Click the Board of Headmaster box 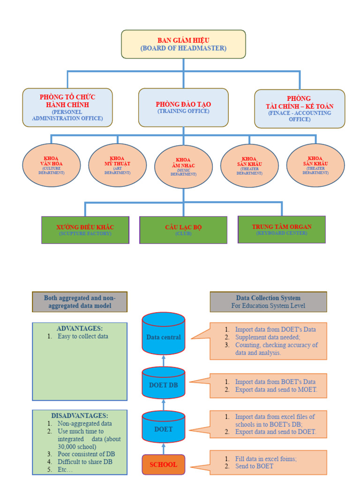click(x=183, y=44)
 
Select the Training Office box click(x=183, y=107)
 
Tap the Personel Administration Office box click(x=67, y=107)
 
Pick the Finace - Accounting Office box click(x=300, y=109)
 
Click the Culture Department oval click(x=52, y=165)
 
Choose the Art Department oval click(x=117, y=165)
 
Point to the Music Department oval click(x=183, y=167)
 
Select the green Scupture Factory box click(x=85, y=230)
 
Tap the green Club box click(x=183, y=230)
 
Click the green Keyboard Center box click(x=282, y=229)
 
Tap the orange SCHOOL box click(x=164, y=465)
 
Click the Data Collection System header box click(x=268, y=301)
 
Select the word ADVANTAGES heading click(x=79, y=328)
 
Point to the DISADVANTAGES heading click(x=79, y=415)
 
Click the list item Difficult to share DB click(x=85, y=462)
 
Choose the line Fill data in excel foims click(x=266, y=459)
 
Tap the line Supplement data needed click(x=267, y=337)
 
